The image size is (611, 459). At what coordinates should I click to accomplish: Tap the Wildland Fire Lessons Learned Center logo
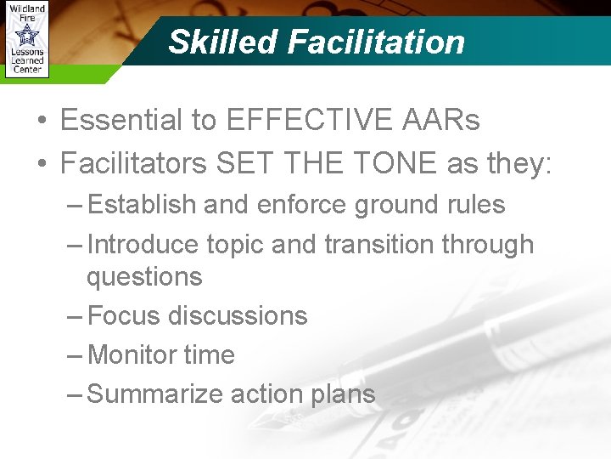point(25,40)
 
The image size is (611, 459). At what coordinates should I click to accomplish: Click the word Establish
point(142,205)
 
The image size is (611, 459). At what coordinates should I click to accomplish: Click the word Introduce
point(146,244)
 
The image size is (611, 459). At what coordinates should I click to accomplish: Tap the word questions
point(144,276)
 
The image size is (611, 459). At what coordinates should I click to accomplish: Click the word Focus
point(124,315)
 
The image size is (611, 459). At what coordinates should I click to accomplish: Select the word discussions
point(238,315)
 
